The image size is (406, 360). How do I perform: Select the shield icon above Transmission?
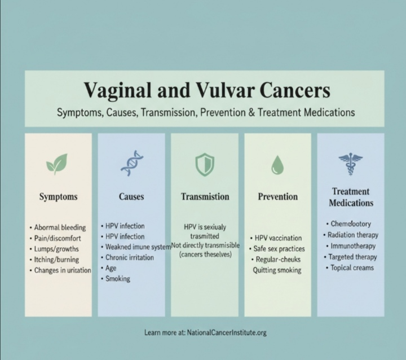(204, 164)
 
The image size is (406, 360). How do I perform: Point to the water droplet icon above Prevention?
(277, 164)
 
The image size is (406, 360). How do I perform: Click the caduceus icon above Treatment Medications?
(350, 163)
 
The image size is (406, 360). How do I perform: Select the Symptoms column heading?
(58, 197)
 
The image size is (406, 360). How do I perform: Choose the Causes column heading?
(131, 197)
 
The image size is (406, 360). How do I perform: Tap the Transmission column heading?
(205, 197)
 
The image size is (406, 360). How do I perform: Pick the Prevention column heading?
(277, 197)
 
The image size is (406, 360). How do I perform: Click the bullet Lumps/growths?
(56, 249)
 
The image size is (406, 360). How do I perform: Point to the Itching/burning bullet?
(57, 260)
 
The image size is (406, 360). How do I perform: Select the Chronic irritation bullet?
(125, 258)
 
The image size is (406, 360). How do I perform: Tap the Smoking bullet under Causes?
(117, 279)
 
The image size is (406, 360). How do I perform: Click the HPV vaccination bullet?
(279, 238)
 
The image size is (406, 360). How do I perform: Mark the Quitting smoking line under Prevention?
(277, 270)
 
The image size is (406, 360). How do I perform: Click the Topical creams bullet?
(352, 267)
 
